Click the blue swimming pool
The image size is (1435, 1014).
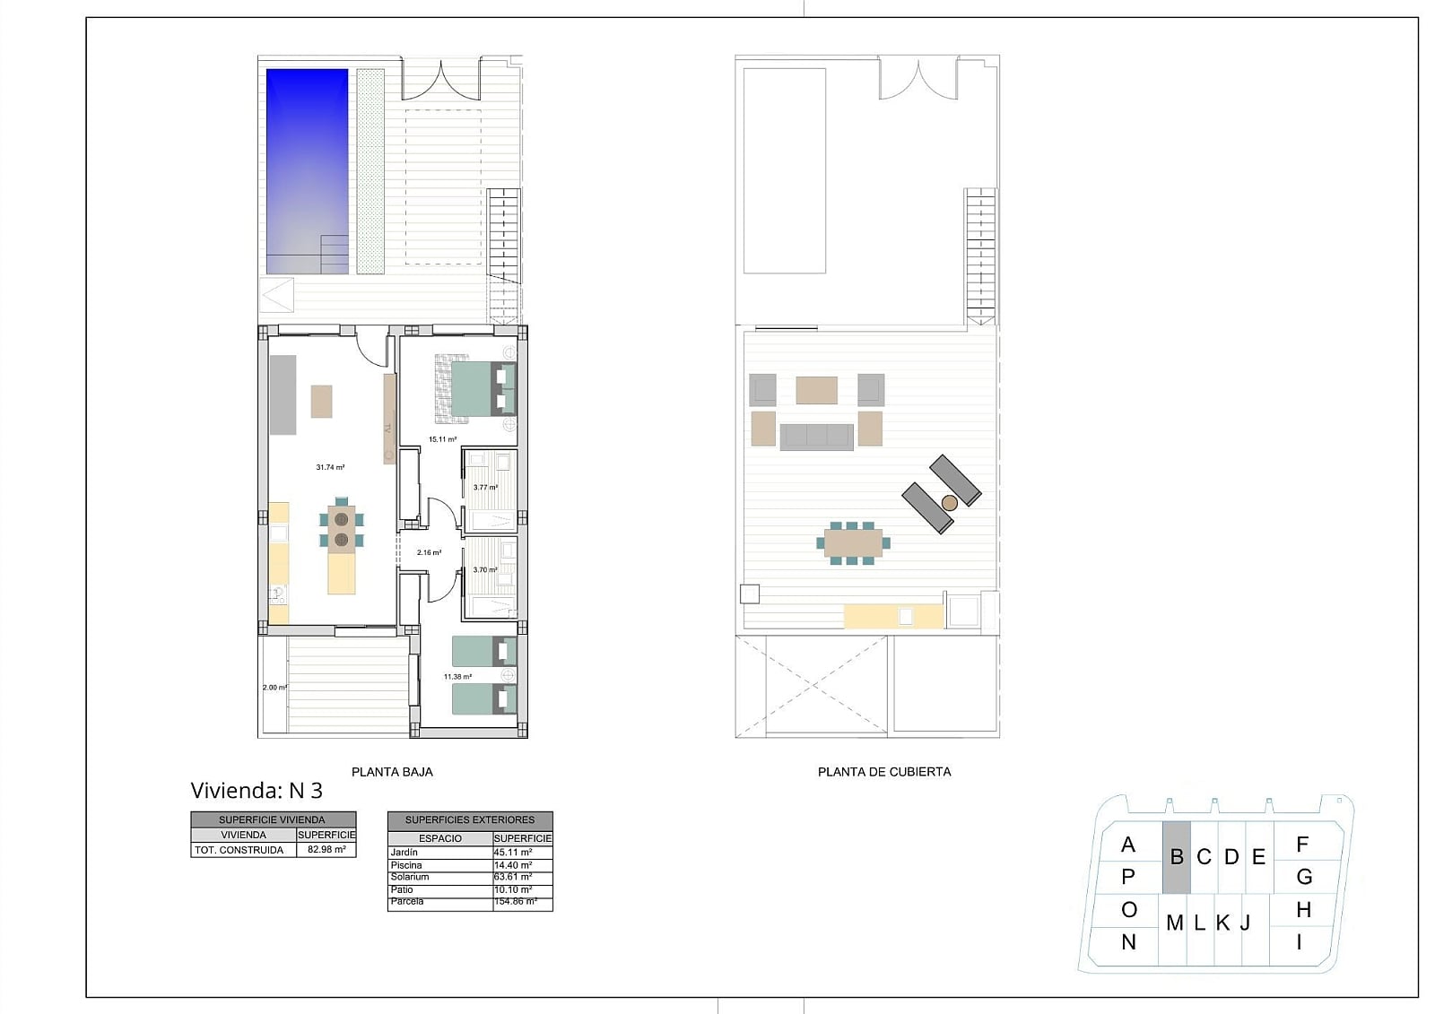[307, 171]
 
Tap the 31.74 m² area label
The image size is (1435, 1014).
[330, 468]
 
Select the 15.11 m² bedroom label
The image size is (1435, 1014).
[442, 439]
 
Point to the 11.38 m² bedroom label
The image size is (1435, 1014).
[457, 676]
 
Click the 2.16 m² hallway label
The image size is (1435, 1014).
[429, 552]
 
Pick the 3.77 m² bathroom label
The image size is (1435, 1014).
[485, 488]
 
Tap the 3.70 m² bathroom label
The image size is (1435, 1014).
[485, 569]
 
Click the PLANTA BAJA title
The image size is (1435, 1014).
[392, 772]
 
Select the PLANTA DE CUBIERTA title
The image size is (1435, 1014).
[884, 772]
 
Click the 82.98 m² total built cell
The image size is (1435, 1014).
[326, 849]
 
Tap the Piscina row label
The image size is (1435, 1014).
[406, 865]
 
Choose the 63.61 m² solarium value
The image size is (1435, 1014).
[512, 876]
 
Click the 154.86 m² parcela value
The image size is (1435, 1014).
[515, 901]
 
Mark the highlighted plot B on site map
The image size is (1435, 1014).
[1176, 857]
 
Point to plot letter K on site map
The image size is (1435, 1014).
[1222, 923]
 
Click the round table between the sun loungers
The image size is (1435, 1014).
[950, 503]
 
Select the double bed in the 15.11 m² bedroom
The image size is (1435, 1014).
[483, 389]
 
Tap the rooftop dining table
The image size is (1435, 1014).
[853, 543]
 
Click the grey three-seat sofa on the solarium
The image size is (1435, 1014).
[816, 437]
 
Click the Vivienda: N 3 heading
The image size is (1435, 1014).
[257, 791]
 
